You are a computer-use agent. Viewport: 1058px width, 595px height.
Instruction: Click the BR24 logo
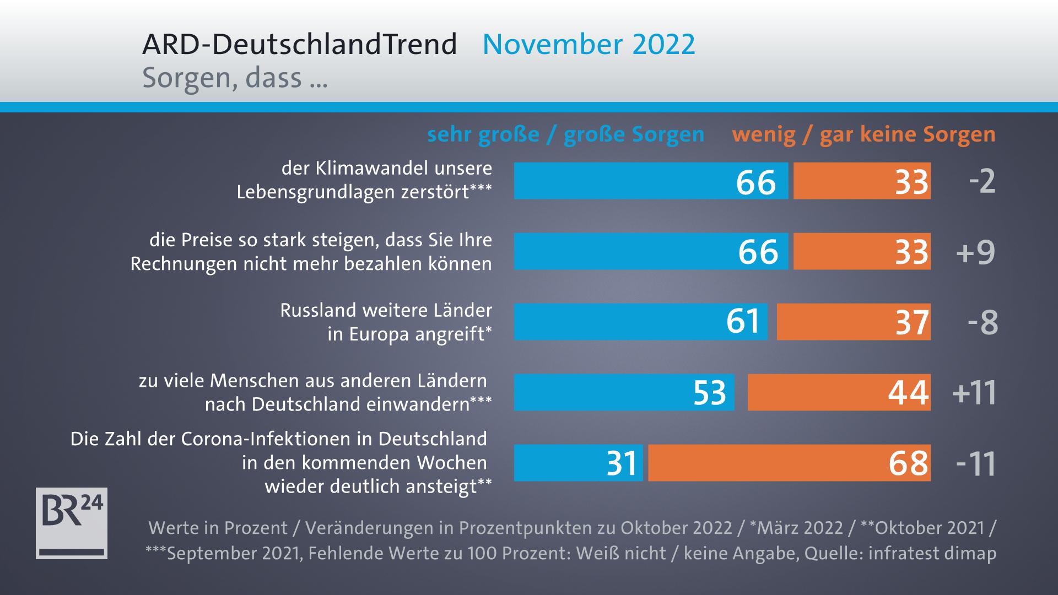click(72, 523)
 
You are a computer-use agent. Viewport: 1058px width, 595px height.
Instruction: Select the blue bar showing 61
click(640, 322)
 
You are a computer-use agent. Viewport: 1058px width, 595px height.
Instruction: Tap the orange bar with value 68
click(789, 463)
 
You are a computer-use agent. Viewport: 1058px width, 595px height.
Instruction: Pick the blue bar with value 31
click(578, 463)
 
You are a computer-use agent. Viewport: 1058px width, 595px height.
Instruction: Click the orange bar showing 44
click(839, 392)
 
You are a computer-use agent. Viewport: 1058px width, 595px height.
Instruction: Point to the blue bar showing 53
click(624, 392)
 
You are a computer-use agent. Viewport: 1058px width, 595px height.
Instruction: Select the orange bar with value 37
click(854, 322)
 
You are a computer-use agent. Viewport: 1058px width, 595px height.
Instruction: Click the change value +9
click(976, 252)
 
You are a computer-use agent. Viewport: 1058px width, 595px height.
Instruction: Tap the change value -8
click(983, 322)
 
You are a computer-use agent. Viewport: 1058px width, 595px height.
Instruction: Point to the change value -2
click(982, 181)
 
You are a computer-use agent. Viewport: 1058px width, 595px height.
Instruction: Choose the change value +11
click(974, 393)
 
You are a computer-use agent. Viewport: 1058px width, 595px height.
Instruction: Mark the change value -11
click(976, 463)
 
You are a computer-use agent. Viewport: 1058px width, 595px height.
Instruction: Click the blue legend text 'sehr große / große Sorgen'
click(566, 134)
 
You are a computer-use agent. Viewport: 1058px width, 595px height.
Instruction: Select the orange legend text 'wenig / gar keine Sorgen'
click(863, 134)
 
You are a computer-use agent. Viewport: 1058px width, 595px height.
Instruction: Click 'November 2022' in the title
click(589, 44)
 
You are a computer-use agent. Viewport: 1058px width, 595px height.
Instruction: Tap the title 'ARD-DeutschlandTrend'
click(300, 44)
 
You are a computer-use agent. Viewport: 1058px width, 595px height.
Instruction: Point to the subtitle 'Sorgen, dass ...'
click(235, 78)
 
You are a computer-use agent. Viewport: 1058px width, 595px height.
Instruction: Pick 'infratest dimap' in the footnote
click(932, 553)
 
